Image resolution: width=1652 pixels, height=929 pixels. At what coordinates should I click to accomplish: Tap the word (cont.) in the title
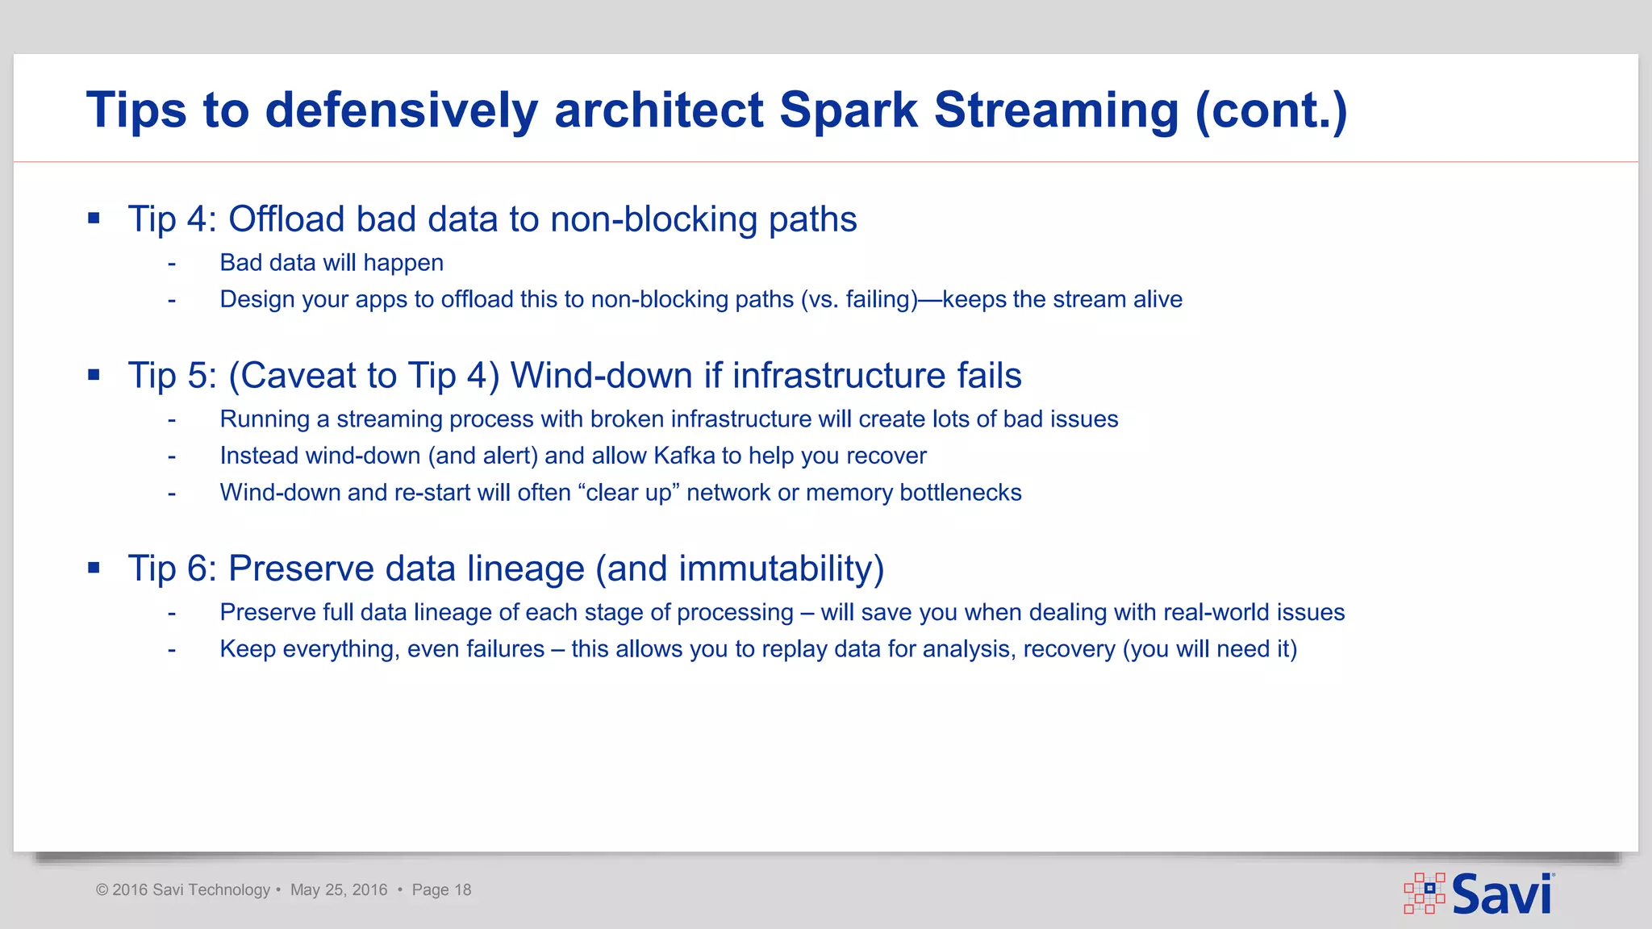pos(1270,110)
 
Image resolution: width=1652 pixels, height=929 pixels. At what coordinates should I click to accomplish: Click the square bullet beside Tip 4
pos(94,218)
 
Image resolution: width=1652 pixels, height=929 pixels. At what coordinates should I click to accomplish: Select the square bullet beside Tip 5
pos(94,374)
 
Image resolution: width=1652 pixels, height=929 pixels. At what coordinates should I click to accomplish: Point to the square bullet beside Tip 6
pos(94,568)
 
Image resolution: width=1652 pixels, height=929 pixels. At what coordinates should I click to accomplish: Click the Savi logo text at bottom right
pos(1501,894)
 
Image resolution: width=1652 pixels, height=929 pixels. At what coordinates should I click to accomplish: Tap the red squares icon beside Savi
pos(1425,893)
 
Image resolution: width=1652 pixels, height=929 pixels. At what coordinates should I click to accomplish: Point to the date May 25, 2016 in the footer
pos(339,890)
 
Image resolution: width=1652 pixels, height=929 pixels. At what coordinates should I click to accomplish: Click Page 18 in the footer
pos(441,890)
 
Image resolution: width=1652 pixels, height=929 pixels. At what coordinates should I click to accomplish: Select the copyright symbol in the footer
pos(102,890)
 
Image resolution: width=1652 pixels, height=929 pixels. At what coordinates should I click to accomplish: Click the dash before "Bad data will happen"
pos(172,264)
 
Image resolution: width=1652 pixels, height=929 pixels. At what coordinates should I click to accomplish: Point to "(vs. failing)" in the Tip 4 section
pos(859,300)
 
